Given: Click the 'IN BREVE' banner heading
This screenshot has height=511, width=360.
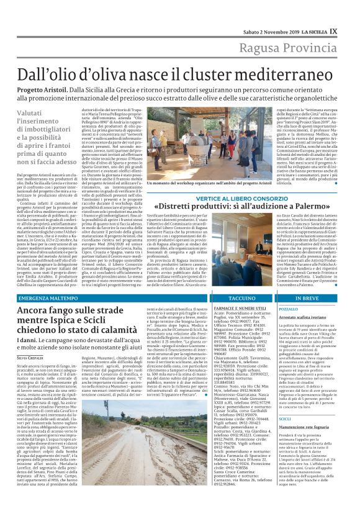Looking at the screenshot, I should click(x=319, y=298).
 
